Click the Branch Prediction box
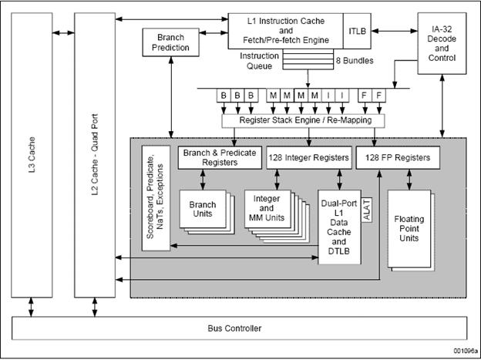[170, 42]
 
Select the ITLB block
[357, 31]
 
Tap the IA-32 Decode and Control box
[442, 43]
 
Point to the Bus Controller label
[234, 328]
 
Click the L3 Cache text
[32, 155]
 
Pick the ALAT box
[367, 210]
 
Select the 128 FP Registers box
[398, 157]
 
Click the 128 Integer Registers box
[309, 157]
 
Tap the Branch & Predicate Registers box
[220, 157]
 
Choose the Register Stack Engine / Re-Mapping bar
[303, 120]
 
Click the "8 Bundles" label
[355, 61]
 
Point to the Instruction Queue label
[259, 61]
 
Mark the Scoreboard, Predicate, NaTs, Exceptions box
[156, 198]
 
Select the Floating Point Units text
[409, 229]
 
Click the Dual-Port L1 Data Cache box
[339, 227]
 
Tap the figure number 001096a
[466, 351]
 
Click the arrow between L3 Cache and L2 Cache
[63, 32]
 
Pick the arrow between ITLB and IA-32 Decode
[394, 31]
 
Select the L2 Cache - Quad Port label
[95, 155]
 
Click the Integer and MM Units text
[267, 208]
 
